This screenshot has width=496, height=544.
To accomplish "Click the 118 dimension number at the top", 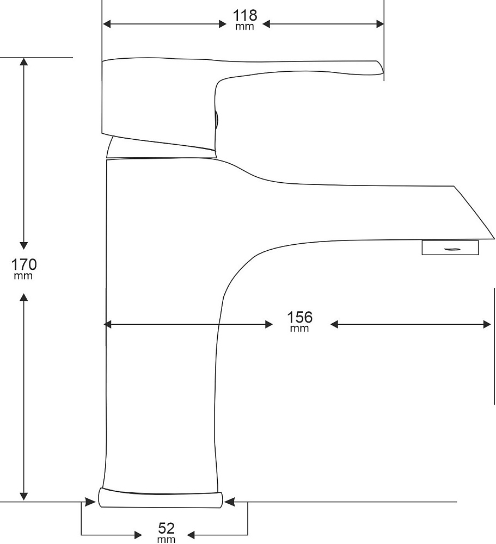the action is (245, 16).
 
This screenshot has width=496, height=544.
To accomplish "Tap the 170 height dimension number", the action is (24, 264).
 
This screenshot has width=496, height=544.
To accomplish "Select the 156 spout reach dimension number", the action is (300, 317).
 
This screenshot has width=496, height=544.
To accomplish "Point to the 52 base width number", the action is (167, 528).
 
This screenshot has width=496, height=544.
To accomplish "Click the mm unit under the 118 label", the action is (245, 27).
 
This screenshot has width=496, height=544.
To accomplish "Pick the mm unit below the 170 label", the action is (23, 276).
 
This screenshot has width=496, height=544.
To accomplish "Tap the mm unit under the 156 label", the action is (299, 328).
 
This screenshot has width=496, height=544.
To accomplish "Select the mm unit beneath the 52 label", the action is (167, 540).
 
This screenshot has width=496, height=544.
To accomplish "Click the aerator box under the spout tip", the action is (450, 248).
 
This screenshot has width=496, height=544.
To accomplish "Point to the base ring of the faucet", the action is (161, 498).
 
